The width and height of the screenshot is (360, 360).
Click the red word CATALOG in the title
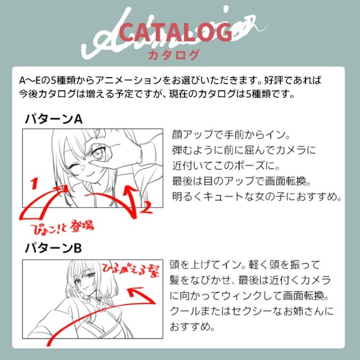coord(175,33)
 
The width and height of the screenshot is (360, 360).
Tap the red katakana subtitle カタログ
coord(173,55)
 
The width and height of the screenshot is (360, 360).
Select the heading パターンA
coord(54,119)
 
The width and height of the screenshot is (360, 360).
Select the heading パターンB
coord(53,248)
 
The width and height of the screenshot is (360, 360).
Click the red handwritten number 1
coord(34,183)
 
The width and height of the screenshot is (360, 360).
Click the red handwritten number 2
coord(146,207)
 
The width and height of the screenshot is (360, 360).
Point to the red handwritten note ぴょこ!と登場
coord(62,227)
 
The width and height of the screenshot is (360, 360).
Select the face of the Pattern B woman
coord(87,280)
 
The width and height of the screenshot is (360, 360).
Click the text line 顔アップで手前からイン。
coord(231,134)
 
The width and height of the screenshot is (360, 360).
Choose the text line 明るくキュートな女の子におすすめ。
coord(257,196)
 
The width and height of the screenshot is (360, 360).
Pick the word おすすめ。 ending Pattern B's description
coord(192,326)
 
